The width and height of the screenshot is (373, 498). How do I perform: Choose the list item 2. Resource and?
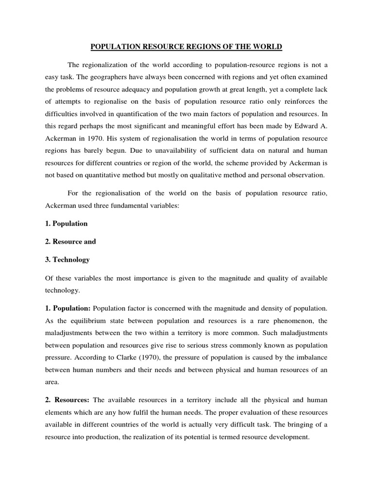point(69,242)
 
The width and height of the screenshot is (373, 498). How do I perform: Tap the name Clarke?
point(128,359)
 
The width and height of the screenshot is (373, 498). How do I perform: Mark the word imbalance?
point(310,359)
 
